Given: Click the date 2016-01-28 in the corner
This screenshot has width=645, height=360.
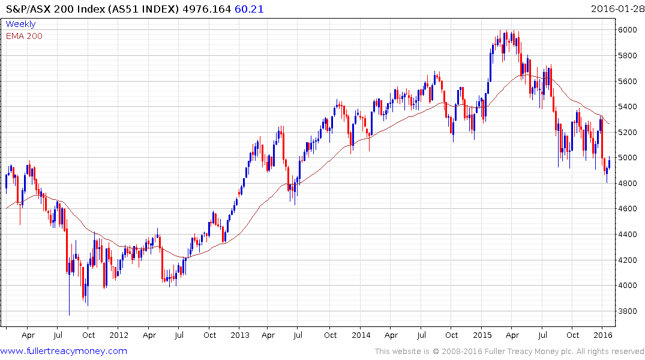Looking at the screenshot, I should [616, 9].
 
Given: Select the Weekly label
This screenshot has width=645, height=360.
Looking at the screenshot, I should [20, 24].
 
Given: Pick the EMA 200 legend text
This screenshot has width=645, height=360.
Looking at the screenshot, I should [24, 36].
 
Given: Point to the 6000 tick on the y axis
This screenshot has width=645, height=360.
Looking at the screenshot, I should [628, 30].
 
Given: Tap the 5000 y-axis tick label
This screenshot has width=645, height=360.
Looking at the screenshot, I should [628, 158].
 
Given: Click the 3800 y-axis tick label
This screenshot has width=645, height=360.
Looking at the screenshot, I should [628, 311].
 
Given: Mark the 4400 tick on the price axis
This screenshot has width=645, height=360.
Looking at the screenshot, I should [628, 235].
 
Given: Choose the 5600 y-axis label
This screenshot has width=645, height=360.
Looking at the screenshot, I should [628, 81].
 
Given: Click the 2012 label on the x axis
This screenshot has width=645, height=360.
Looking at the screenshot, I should [119, 335].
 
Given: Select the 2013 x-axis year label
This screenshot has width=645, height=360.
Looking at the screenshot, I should [240, 335].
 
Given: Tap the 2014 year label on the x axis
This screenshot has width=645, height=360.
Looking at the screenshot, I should [361, 335].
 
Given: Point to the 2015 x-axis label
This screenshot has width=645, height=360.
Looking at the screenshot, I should [482, 335].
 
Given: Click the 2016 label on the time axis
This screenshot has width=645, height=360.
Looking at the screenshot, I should [603, 335].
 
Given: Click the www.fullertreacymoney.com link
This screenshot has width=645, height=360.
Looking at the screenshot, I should [64, 351].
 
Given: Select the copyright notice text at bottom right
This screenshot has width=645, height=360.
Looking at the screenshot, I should [509, 352].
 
